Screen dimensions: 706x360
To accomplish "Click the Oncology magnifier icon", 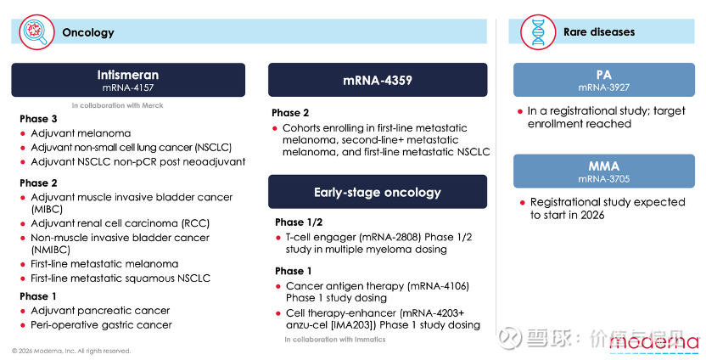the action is (x=36, y=32).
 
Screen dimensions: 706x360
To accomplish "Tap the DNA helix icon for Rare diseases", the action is (x=538, y=32).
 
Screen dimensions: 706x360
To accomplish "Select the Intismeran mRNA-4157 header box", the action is (x=128, y=80).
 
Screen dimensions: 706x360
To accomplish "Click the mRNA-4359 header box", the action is (x=378, y=80).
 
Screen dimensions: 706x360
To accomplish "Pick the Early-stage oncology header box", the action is (x=378, y=192).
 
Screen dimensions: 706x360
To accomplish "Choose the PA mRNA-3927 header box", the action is (x=604, y=80).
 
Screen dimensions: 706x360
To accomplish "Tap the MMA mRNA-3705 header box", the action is (x=604, y=172).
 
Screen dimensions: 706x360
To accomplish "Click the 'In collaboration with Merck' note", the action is (x=117, y=105).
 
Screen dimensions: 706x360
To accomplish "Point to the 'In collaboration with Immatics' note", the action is (x=335, y=340).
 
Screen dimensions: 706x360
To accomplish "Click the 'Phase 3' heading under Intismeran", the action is (x=38, y=119).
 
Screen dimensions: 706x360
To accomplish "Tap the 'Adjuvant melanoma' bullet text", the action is (x=81, y=133).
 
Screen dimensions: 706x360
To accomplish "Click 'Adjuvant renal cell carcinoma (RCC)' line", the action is (x=120, y=223).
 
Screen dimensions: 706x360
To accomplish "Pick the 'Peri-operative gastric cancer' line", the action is (x=101, y=325).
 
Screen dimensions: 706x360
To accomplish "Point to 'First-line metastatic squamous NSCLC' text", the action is (x=120, y=278).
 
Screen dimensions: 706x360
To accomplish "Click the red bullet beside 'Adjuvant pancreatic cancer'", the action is (x=23, y=312).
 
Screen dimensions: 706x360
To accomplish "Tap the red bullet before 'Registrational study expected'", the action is (x=523, y=203).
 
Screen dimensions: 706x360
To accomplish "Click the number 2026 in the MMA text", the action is (x=592, y=215).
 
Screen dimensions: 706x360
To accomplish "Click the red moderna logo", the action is (x=653, y=342).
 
